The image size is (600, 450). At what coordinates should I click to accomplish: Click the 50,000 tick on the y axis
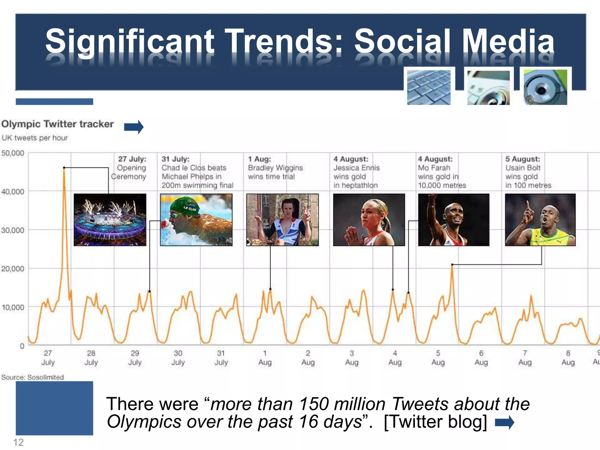point(13,153)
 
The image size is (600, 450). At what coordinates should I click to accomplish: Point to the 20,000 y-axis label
point(13,269)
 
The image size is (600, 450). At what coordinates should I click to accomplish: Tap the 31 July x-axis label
point(221,358)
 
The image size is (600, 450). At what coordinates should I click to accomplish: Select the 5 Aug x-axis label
point(438,358)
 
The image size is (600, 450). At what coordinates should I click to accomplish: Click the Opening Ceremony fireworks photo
point(110,220)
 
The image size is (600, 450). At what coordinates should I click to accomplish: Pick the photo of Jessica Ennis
point(369,220)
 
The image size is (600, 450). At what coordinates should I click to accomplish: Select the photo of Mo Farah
point(454,220)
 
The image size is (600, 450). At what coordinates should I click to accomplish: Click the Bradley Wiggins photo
point(282,220)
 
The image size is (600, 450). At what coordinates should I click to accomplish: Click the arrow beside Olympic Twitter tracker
point(134,127)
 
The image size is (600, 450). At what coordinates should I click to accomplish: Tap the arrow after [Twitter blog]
point(504,422)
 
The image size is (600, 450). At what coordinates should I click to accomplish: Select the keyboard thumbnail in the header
point(429,87)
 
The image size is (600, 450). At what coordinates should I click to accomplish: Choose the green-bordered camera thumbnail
point(546,87)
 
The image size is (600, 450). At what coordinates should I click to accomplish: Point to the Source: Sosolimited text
point(33,377)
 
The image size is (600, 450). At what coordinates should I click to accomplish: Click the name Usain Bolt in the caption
point(523,168)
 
